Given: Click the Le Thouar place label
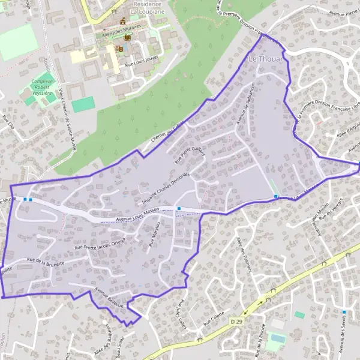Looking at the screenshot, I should [x=265, y=59].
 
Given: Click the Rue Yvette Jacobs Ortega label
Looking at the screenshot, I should [x=100, y=244].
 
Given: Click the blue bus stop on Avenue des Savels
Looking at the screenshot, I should [x=344, y=312].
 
